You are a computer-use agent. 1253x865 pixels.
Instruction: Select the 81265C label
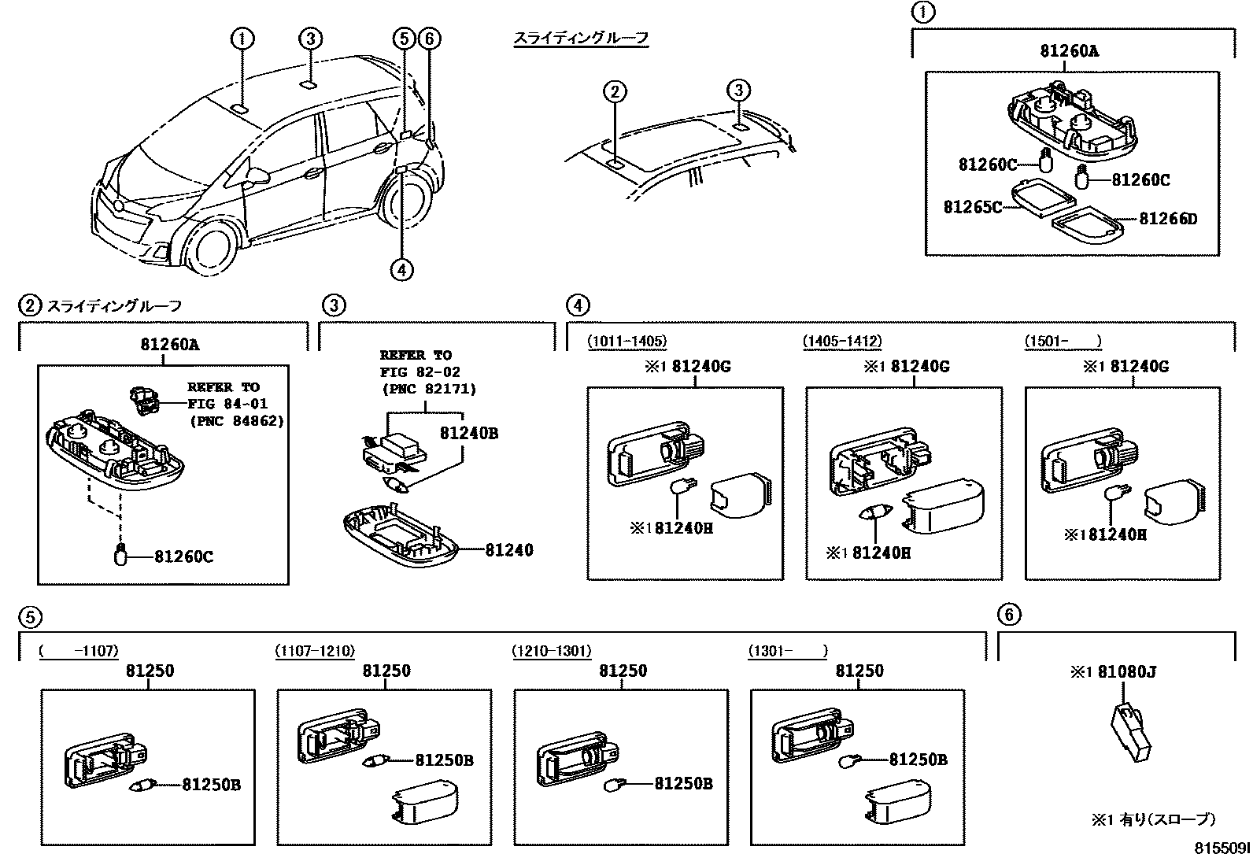[x=973, y=207]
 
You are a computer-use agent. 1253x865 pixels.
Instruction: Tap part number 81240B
[x=468, y=434]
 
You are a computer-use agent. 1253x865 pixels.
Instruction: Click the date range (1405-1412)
[x=842, y=342]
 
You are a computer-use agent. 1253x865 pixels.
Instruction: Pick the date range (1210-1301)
[x=551, y=651]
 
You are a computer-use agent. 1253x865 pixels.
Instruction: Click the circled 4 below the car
[x=401, y=270]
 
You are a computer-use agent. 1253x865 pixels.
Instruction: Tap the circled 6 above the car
[x=429, y=38]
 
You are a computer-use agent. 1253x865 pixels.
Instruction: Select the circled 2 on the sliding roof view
[x=615, y=92]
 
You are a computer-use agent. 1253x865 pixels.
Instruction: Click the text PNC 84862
[x=236, y=421]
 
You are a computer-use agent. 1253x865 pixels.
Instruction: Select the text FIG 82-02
[x=420, y=372]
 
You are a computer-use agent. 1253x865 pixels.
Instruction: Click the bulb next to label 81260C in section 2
[x=121, y=556]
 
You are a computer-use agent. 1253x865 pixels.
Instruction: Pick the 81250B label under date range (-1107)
[x=211, y=784]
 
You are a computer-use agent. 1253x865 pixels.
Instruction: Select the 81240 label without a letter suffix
[x=508, y=550]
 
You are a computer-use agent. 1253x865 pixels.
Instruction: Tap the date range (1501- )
[x=1063, y=342]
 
